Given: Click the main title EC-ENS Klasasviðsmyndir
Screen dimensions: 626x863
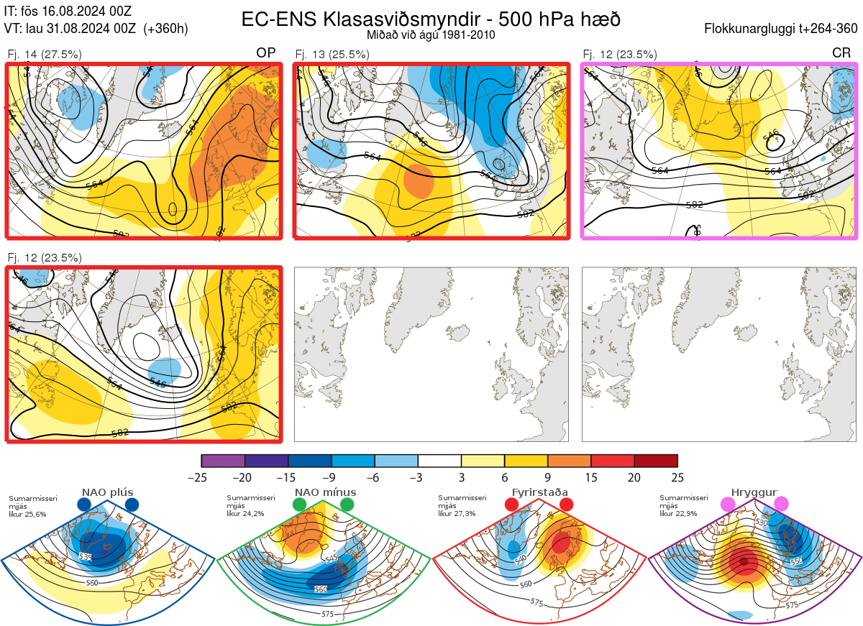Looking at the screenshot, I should tap(431, 18).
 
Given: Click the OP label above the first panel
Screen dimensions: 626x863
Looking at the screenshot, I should tap(266, 52).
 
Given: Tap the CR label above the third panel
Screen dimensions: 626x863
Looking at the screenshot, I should tap(841, 52).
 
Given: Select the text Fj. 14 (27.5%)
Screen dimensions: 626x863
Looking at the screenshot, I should tap(45, 54).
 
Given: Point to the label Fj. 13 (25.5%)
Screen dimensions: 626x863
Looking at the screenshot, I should tap(333, 54).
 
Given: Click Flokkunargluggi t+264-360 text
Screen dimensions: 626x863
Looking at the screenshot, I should tap(782, 29).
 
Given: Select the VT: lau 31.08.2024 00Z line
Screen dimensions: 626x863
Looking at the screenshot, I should tap(96, 29).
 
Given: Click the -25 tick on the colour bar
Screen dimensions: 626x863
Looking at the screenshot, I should tap(201, 477).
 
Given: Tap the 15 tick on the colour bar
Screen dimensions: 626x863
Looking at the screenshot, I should tap(590, 477).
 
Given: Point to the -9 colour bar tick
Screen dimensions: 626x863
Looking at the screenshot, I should tap(331, 477).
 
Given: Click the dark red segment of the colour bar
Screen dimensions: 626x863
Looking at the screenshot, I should tap(656, 461).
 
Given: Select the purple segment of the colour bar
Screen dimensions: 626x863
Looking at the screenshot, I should tap(223, 461).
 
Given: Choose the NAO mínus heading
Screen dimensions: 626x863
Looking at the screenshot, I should tap(325, 492).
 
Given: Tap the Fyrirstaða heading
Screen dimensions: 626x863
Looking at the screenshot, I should tap(539, 492).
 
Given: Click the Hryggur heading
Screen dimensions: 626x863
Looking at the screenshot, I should tap(756, 492).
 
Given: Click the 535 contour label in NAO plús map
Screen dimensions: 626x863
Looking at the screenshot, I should tap(86, 557).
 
